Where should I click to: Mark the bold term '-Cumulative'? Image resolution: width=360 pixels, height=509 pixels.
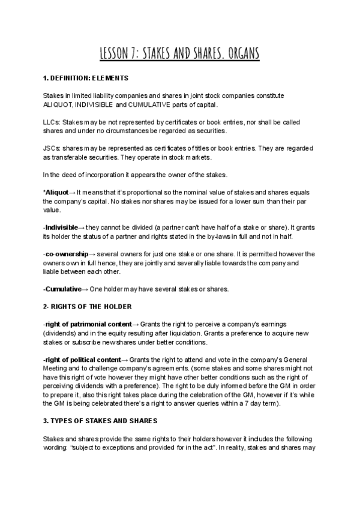(62, 289)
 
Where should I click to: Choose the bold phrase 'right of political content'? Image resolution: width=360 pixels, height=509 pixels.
(82, 360)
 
